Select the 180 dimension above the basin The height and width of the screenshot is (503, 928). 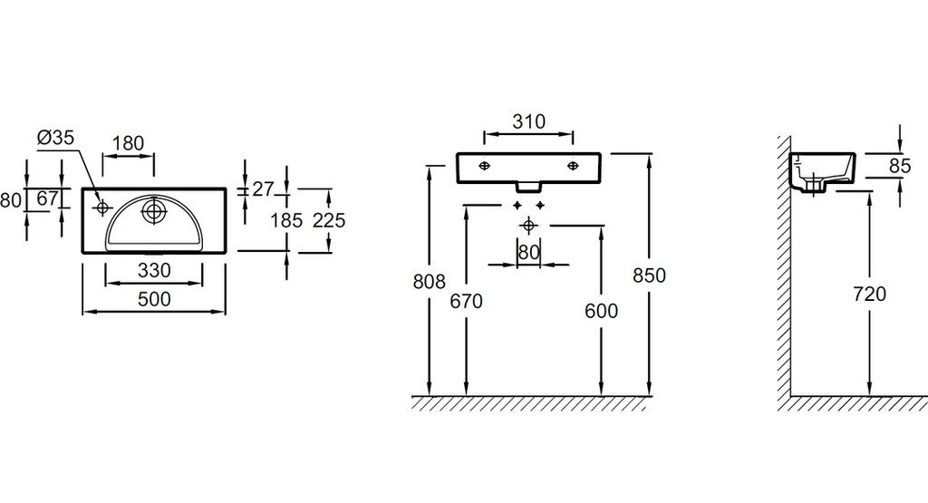point(128,142)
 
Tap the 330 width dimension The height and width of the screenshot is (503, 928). point(153,271)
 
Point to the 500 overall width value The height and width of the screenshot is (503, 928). point(153,300)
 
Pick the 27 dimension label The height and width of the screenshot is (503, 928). point(262,189)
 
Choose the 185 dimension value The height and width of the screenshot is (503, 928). point(286,219)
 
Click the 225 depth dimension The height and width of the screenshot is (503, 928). point(328,219)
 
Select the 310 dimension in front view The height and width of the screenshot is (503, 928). point(527,121)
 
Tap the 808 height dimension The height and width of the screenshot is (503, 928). point(429,282)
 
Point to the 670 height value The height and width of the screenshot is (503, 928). point(466,302)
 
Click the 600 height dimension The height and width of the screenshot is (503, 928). point(601,311)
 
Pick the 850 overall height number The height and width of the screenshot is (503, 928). point(650,276)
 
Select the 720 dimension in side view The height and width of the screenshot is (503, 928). point(869,294)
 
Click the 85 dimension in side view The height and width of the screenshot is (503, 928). point(899,166)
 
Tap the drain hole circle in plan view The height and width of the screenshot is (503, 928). point(154,211)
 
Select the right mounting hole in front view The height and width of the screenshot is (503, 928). point(574,166)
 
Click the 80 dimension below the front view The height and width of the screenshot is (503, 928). point(528,251)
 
